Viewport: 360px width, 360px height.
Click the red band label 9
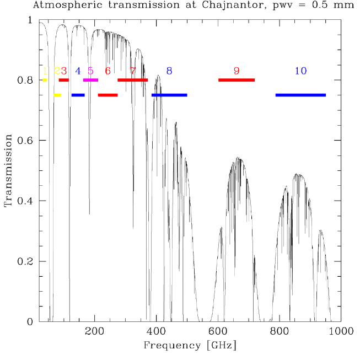click(x=237, y=71)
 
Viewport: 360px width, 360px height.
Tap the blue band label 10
click(x=300, y=71)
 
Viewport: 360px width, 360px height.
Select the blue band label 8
click(x=169, y=71)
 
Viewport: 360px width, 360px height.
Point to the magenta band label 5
click(x=90, y=71)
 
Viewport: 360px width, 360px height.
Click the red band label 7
click(x=132, y=71)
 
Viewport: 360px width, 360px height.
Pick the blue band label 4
click(x=78, y=71)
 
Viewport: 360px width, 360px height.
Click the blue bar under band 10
click(x=300, y=95)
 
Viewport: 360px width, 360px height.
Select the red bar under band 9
click(x=237, y=80)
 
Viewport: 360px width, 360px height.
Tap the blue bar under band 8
click(x=169, y=95)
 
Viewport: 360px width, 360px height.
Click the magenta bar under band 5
click(x=90, y=80)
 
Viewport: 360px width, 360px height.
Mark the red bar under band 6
click(x=108, y=95)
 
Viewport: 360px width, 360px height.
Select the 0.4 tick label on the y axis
click(x=25, y=201)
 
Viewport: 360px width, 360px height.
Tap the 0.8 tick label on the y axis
click(x=25, y=80)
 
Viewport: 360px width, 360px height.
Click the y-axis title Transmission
click(x=8, y=171)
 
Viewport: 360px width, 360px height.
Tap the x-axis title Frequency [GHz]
click(x=190, y=346)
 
